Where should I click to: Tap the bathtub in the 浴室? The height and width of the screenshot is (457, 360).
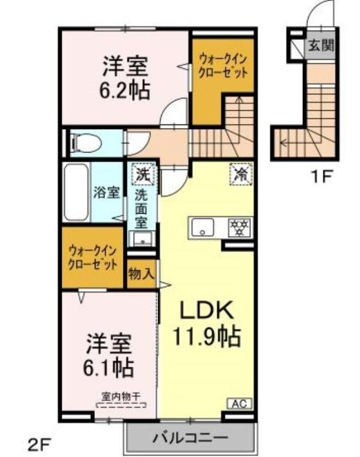tap(76, 192)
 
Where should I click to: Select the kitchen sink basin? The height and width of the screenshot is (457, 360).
tap(203, 227)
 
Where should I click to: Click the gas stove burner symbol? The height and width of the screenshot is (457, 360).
tap(240, 227)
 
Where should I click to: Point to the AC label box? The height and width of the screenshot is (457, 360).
tap(239, 404)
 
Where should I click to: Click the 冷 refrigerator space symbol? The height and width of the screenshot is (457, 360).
tap(241, 175)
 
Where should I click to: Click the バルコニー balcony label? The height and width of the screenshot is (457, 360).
tap(190, 438)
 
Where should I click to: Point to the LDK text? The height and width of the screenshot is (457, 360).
tap(207, 310)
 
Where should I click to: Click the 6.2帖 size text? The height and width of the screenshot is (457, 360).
tap(125, 90)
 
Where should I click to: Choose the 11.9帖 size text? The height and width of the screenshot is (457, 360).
tap(207, 336)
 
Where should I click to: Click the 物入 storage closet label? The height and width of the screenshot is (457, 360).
tap(141, 274)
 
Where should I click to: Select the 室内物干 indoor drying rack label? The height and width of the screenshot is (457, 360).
tap(121, 396)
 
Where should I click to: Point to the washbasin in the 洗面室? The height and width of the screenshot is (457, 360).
tap(142, 239)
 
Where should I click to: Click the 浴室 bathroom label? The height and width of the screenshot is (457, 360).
tap(106, 193)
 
